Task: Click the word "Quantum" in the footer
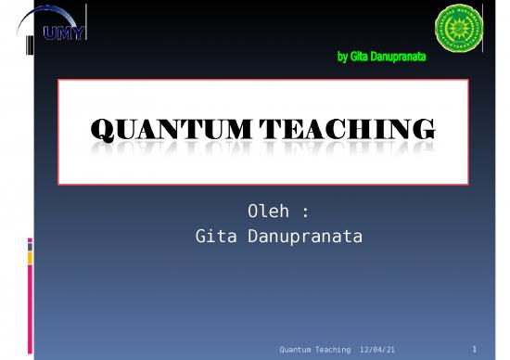tap(297, 349)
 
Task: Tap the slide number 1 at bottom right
tap(473, 349)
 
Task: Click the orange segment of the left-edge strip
tap(30, 257)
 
